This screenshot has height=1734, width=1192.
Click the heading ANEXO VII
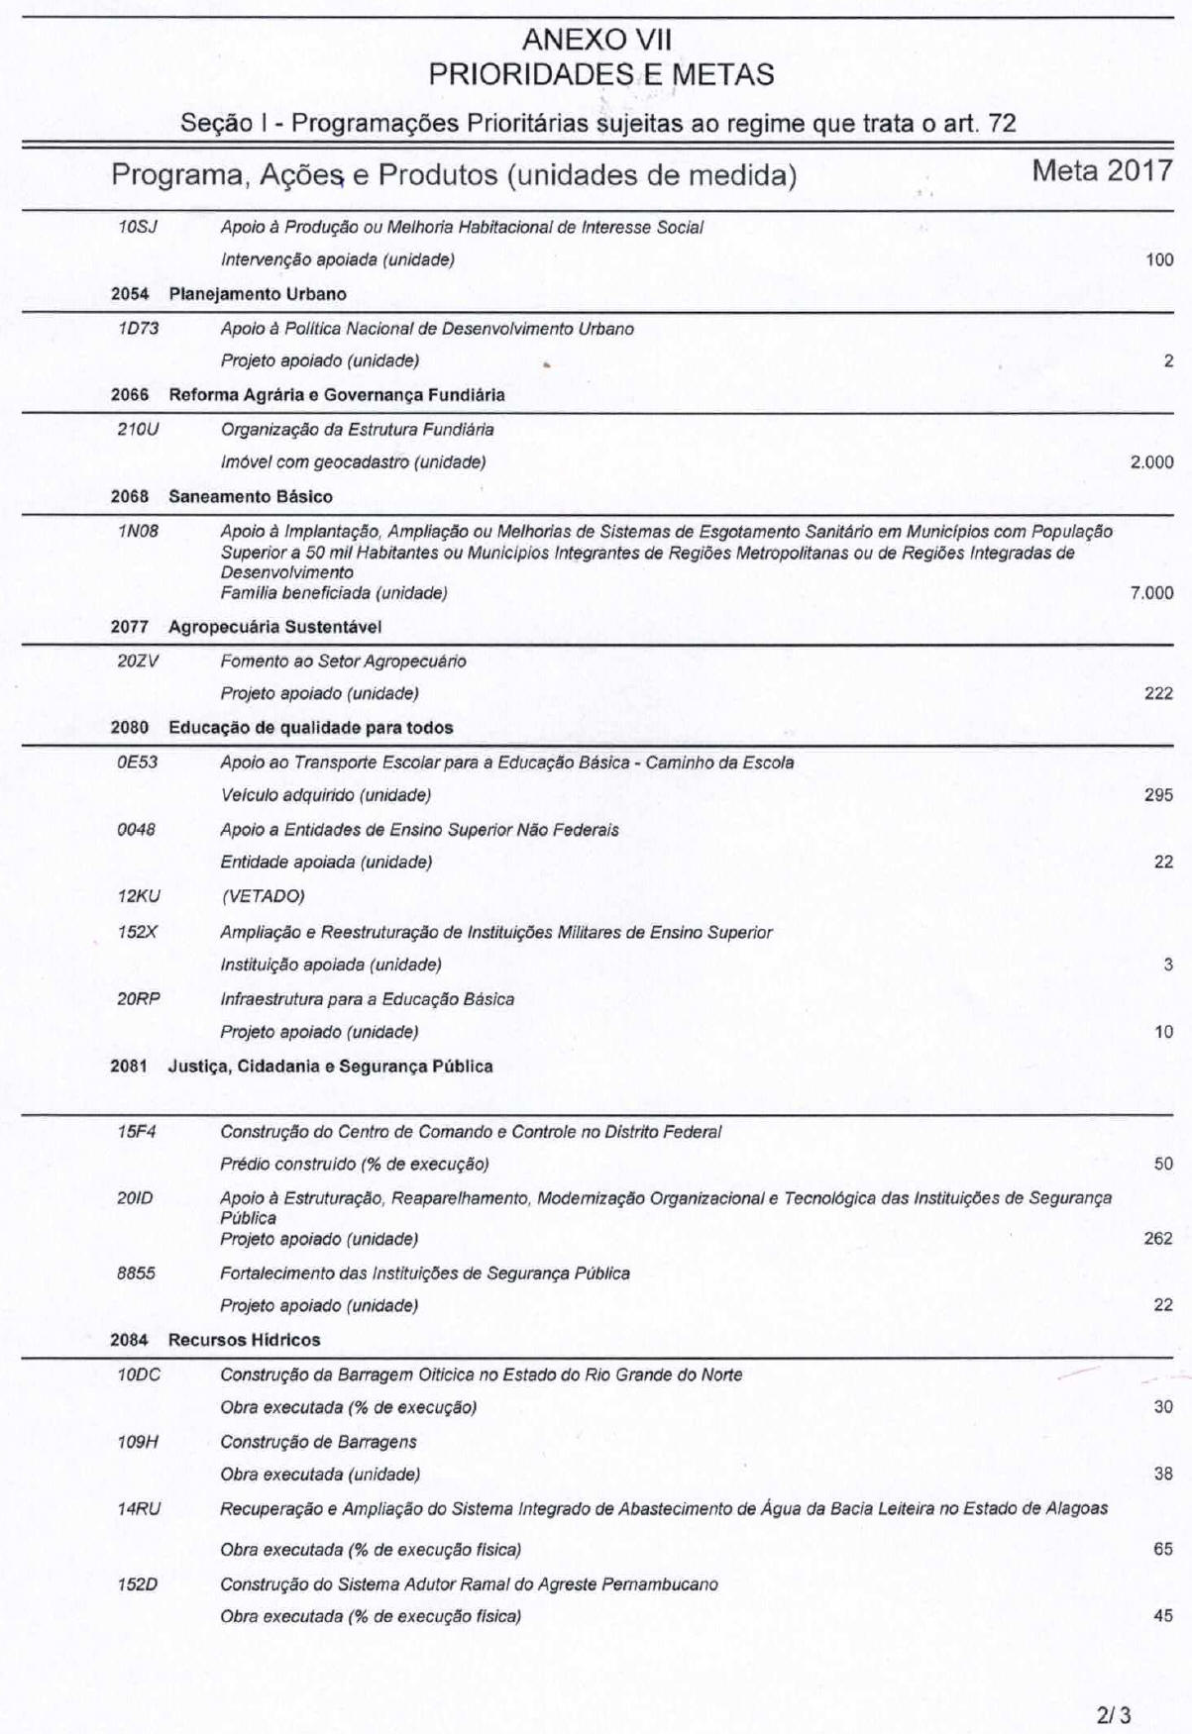(x=596, y=41)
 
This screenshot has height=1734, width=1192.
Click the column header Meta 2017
(x=1102, y=170)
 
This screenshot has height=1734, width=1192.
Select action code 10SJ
(x=138, y=227)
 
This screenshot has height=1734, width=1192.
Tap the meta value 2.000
(x=1151, y=462)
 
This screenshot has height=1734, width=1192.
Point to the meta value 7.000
(x=1151, y=593)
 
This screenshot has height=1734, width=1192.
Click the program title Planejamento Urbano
(x=258, y=294)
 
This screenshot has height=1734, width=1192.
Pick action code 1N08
(x=138, y=531)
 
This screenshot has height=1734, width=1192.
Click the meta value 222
(x=1158, y=693)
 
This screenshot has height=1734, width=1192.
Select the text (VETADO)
(x=263, y=896)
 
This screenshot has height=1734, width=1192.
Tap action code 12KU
(x=138, y=896)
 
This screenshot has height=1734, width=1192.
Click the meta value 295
(x=1158, y=795)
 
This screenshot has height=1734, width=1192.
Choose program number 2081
(x=129, y=1067)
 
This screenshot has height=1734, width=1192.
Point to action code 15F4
(x=137, y=1131)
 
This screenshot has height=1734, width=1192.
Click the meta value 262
(x=1158, y=1239)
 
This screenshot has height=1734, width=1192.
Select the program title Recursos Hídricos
(x=245, y=1340)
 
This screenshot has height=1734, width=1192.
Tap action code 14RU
(x=138, y=1509)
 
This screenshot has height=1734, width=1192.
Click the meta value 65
(x=1163, y=1549)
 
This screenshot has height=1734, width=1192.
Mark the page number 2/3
(x=1113, y=1686)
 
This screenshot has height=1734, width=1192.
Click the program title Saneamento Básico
(x=251, y=496)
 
